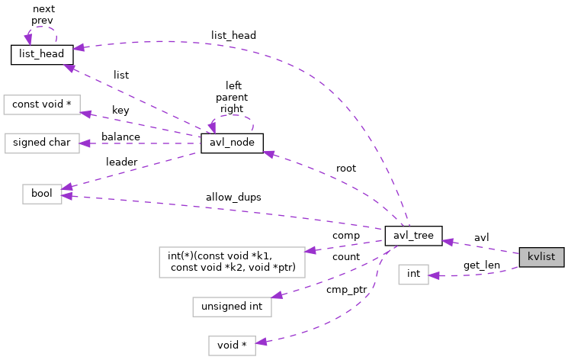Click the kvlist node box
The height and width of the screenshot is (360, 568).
pos(541,257)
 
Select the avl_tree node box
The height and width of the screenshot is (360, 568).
pos(413,236)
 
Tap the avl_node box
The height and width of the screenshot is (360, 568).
pos(232,143)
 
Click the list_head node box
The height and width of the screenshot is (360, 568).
pos(42,54)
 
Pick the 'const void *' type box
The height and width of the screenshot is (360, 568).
pos(42,104)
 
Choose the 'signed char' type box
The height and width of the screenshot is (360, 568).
pos(42,143)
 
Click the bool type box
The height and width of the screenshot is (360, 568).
pos(42,194)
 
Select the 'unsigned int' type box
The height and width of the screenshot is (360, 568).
pos(233,307)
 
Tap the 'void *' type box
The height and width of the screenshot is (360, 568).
pos(233,346)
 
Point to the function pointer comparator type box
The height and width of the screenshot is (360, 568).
pos(233,262)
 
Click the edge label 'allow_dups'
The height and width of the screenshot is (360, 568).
pos(233,197)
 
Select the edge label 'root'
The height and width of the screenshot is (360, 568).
pos(346,168)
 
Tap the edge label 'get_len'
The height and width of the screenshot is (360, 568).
pos(482,265)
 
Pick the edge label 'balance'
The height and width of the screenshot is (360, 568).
pos(120,137)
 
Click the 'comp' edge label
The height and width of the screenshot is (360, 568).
pos(345,236)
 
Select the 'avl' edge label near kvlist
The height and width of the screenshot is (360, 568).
pos(482,236)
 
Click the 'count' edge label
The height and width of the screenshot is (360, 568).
pos(345,257)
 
